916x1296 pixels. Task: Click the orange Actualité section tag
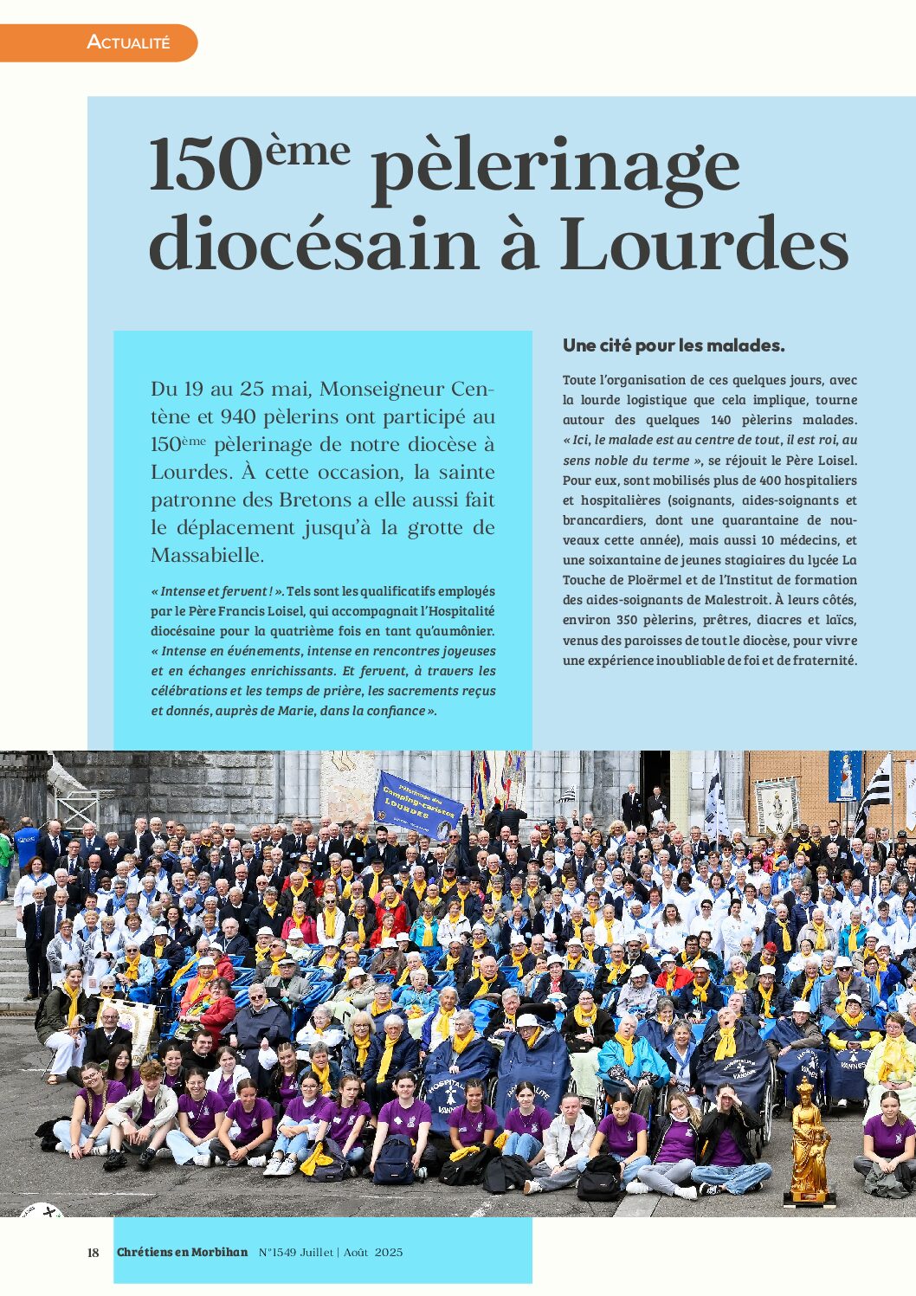coord(128,42)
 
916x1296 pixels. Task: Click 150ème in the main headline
coord(249,164)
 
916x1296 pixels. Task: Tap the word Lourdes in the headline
coord(703,243)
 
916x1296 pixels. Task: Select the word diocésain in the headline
coord(313,243)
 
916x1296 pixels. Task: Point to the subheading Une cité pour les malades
coord(674,345)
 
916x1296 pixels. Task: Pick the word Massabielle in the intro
coord(207,555)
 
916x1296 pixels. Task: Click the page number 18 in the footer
coord(94,1253)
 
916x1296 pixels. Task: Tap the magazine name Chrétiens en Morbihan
coord(182,1253)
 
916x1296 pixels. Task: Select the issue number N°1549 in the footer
coord(276,1253)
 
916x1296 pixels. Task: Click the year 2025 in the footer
coord(389,1253)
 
